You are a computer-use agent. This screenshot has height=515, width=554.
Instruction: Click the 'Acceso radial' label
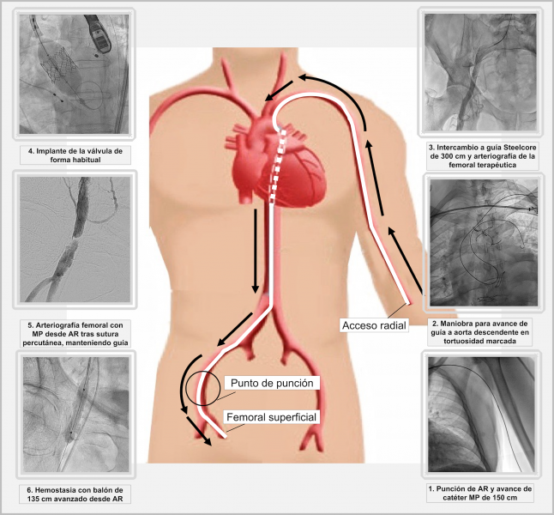(x=375, y=325)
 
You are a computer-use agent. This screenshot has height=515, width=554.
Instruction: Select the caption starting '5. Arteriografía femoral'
(x=75, y=334)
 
